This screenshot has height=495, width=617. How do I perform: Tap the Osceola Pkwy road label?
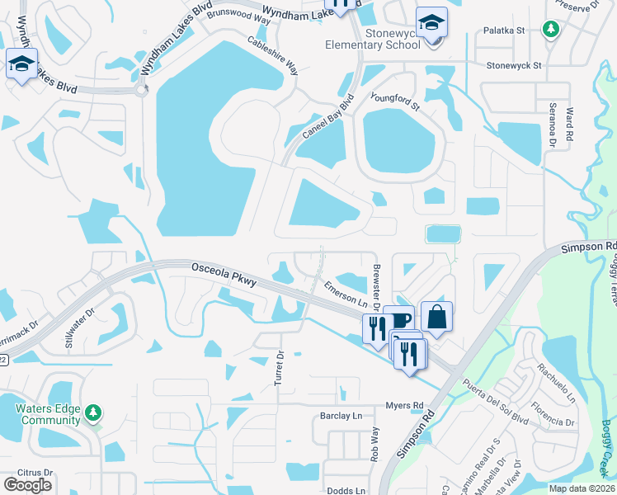click(x=223, y=276)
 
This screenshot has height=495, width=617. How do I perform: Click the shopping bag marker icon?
click(x=436, y=316)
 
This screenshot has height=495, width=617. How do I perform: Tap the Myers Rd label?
click(x=404, y=405)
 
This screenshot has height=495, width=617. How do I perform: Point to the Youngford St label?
click(x=396, y=102)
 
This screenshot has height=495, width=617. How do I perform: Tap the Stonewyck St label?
click(x=513, y=64)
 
